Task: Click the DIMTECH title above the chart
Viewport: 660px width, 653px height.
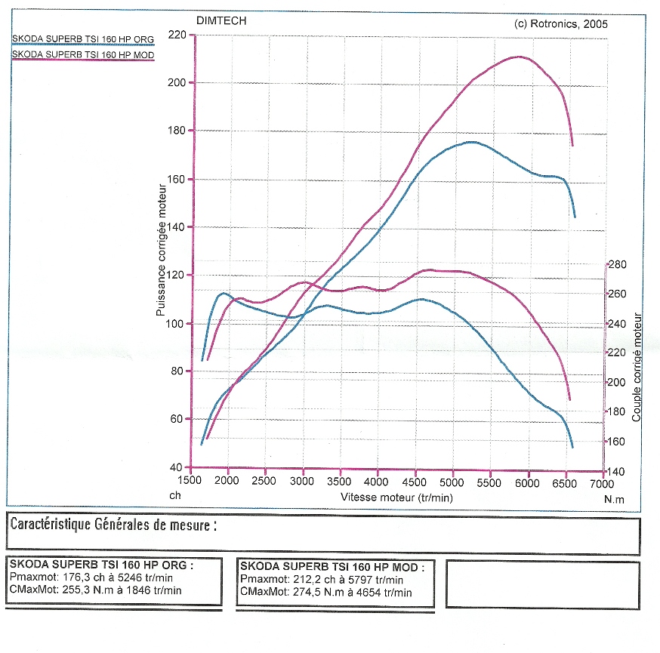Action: coord(221,21)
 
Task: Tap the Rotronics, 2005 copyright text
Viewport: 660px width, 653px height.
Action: coord(560,23)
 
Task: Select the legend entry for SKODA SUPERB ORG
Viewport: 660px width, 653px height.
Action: coord(81,39)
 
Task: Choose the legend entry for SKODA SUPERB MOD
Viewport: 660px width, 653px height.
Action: coord(82,55)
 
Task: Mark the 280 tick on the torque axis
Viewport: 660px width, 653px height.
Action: coord(618,265)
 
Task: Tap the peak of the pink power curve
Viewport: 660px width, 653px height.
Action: coord(518,57)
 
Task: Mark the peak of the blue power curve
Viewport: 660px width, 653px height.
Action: coord(471,142)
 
